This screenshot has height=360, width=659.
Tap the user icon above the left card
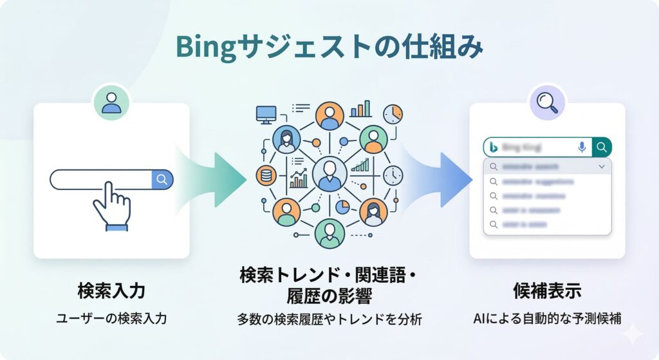point(111,102)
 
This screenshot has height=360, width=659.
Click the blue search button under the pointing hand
point(162,179)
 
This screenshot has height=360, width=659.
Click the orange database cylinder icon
point(264,175)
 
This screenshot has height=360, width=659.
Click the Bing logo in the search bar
point(494,147)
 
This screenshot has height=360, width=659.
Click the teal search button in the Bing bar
point(602,147)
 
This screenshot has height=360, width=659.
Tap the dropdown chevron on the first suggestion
point(602,167)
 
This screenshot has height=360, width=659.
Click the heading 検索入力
point(111,290)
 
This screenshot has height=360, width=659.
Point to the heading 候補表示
point(547,290)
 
